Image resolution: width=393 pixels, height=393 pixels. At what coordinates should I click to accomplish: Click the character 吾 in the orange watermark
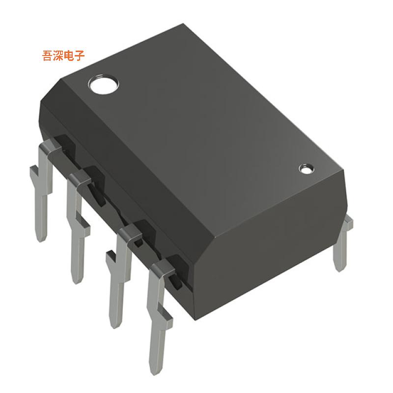click(x=48, y=56)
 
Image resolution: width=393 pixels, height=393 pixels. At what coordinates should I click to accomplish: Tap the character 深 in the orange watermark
click(x=59, y=56)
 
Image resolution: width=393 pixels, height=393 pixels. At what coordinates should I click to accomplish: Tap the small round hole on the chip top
click(x=306, y=169)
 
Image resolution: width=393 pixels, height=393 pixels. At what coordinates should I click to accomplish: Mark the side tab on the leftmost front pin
click(x=33, y=172)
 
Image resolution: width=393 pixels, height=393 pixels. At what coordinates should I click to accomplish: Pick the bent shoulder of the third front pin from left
click(x=129, y=231)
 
